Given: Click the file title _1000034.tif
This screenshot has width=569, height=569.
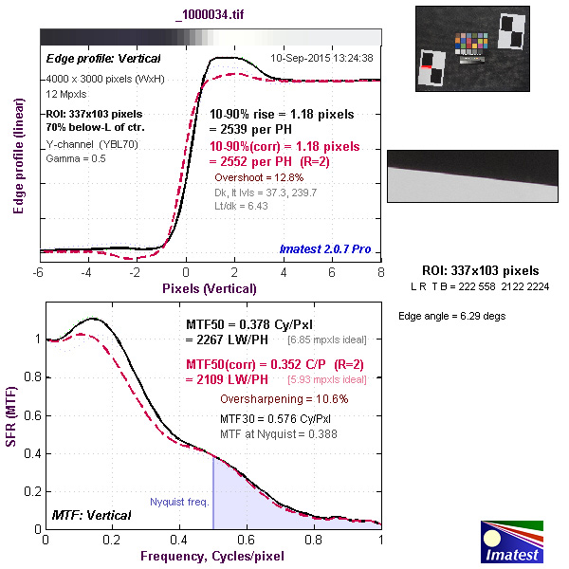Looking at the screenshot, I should click(x=210, y=16).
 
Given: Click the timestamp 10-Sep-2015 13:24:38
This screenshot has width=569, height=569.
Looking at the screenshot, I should click(x=321, y=58).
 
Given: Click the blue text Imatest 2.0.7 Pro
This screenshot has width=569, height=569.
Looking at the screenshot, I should click(x=326, y=250).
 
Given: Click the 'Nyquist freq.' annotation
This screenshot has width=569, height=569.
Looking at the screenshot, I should click(x=179, y=503).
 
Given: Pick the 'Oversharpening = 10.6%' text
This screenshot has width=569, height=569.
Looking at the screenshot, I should click(x=284, y=399).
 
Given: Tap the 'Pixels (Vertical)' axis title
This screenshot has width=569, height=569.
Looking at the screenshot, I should click(x=210, y=287).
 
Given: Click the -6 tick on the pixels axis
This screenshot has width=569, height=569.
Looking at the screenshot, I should click(x=39, y=272).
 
